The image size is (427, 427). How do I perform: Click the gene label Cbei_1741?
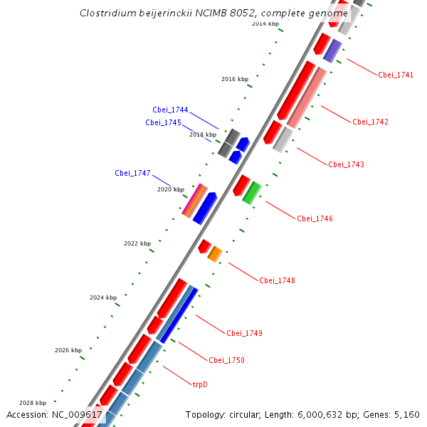tap(396, 75)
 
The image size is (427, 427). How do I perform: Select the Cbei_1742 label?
tap(370, 122)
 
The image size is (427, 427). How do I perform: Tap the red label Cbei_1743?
tap(346, 164)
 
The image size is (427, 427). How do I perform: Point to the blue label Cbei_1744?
tap(170, 110)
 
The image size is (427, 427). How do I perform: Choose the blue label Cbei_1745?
tap(163, 122)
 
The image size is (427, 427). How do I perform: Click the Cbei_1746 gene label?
tap(315, 218)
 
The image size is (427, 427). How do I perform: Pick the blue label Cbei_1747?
tap(132, 173)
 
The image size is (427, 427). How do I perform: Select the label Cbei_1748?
tap(277, 280)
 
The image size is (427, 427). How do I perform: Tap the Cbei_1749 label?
tap(244, 333)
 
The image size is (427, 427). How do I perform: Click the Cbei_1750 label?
tap(226, 360)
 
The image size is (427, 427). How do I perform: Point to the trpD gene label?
tap(200, 384)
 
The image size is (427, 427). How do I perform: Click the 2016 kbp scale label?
tap(235, 79)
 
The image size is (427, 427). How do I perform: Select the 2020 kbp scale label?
tap(171, 189)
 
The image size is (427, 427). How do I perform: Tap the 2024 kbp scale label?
tap(102, 297)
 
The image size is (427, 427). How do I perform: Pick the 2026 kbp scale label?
tap(68, 350)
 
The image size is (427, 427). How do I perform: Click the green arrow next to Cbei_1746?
tap(251, 193)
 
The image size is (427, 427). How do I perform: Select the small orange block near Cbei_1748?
tap(215, 253)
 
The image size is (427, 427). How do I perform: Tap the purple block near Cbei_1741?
tap(332, 51)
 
